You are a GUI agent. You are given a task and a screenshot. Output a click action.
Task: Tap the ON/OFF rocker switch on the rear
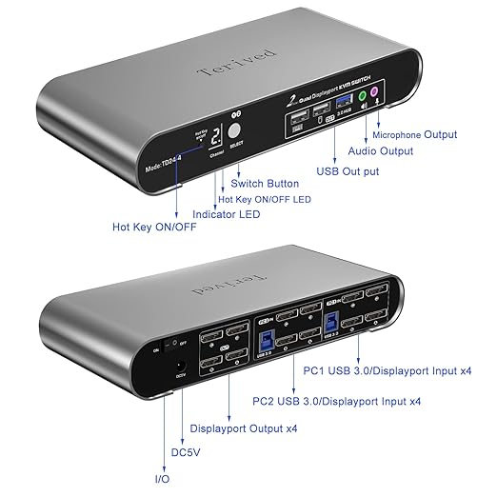[x=174, y=348]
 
